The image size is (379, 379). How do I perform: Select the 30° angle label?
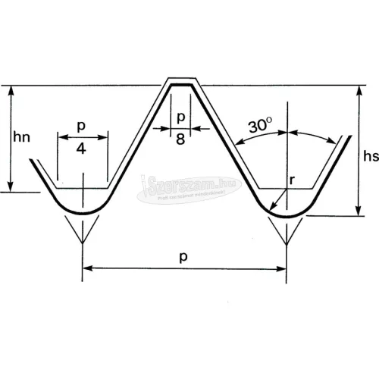[262, 125]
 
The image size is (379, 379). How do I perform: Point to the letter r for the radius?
[291, 181]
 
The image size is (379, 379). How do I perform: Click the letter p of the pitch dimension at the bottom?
[185, 258]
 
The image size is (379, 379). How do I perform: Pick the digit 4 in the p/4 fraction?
[83, 149]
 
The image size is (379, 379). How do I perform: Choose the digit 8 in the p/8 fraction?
[180, 139]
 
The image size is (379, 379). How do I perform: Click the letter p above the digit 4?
[83, 126]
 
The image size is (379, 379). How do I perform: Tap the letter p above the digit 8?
[180, 117]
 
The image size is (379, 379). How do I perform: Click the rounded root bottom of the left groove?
[83, 212]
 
